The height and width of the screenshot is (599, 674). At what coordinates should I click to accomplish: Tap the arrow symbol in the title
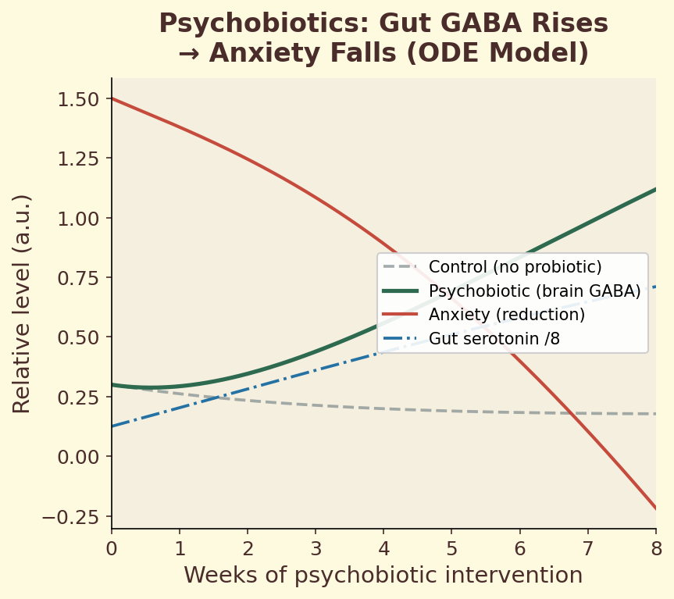(x=188, y=53)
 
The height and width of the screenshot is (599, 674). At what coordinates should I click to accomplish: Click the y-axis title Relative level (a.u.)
(x=23, y=303)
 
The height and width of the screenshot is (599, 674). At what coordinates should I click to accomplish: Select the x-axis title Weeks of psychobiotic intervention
(x=383, y=576)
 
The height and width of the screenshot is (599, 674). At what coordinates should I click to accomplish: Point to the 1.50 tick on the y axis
(x=78, y=99)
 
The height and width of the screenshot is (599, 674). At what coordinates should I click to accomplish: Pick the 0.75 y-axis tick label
(x=78, y=278)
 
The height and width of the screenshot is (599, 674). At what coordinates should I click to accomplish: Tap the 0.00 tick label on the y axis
(x=78, y=456)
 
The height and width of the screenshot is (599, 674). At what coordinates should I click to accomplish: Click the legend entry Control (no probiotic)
(x=515, y=267)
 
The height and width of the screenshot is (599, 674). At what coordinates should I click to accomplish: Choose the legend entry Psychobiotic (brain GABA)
(x=534, y=291)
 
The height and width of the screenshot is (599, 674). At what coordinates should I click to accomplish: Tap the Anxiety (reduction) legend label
(x=506, y=315)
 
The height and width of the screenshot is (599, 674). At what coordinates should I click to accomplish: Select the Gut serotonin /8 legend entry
(x=494, y=339)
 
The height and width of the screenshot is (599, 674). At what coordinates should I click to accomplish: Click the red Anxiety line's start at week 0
(x=112, y=98)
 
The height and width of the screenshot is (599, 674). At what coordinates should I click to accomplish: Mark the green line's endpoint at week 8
(x=655, y=189)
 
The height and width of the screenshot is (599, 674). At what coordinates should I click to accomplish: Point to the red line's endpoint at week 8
(x=655, y=508)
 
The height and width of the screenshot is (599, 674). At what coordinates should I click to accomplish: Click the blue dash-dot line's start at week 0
(x=112, y=426)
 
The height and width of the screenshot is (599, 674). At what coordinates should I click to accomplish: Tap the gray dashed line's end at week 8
(x=655, y=414)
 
